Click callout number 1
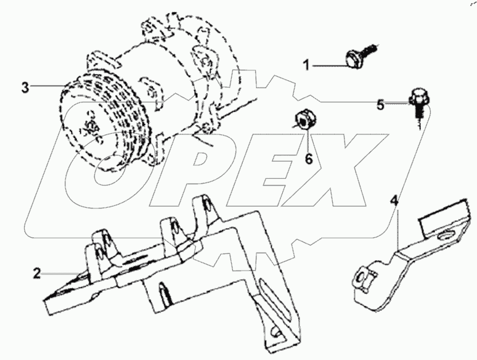click(306, 64)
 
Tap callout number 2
click(37, 271)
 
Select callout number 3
click(25, 87)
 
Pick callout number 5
click(380, 104)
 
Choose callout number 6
click(309, 159)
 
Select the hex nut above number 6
click(304, 119)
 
